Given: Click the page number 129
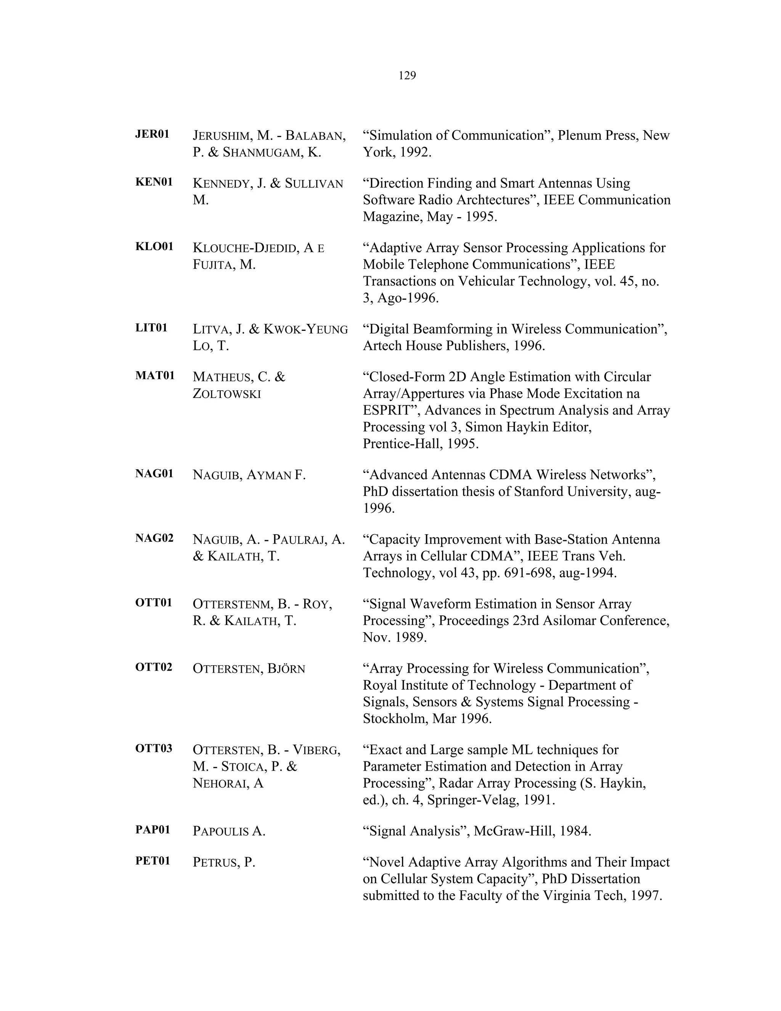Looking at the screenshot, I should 407,76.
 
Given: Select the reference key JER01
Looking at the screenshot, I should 152,134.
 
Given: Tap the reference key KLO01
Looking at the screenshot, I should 154,246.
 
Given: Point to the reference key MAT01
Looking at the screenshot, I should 155,375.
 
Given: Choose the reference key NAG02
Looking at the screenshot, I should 154,538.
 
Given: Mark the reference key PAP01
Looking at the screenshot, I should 153,829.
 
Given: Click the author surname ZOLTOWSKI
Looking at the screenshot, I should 227,394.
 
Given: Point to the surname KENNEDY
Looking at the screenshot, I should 221,184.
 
